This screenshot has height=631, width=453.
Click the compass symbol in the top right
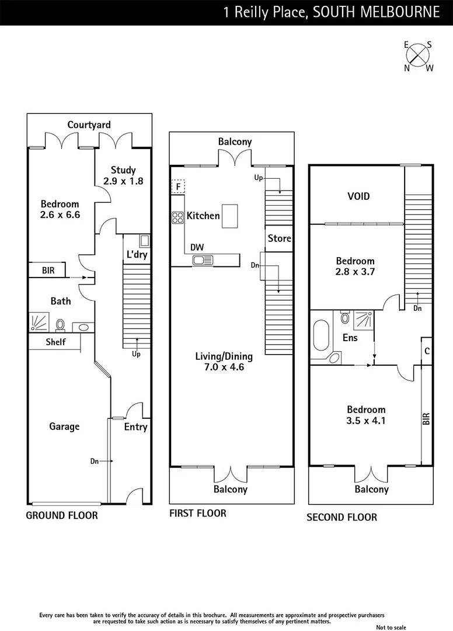pos(418,56)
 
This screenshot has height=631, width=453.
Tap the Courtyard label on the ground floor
pos(89,125)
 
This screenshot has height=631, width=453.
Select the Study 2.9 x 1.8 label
pos(123,175)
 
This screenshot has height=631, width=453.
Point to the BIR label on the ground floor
pos(48,271)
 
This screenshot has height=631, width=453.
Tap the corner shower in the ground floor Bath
pos(40,322)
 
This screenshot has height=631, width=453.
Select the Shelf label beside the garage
pos(55,342)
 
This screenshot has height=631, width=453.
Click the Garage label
pos(64,427)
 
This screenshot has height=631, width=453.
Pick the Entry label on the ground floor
pos(135,427)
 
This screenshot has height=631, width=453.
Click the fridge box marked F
pos(177,186)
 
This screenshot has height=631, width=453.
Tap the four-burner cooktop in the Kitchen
pos(177,217)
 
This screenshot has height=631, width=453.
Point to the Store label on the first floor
pos(279,238)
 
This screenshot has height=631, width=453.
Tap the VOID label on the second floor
pos(358,196)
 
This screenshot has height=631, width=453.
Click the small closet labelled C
pos(427,351)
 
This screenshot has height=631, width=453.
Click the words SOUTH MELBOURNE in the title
pos(377,12)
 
